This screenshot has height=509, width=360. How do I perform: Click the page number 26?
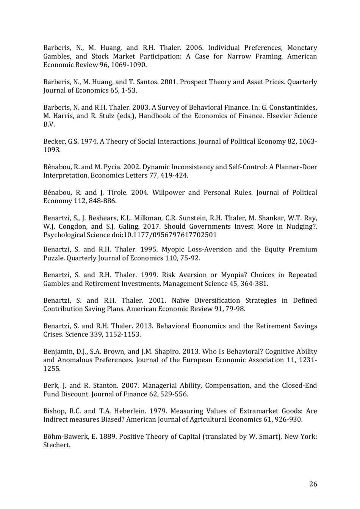tap(313, 484)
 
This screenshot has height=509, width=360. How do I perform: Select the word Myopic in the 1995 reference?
tap(173, 249)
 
